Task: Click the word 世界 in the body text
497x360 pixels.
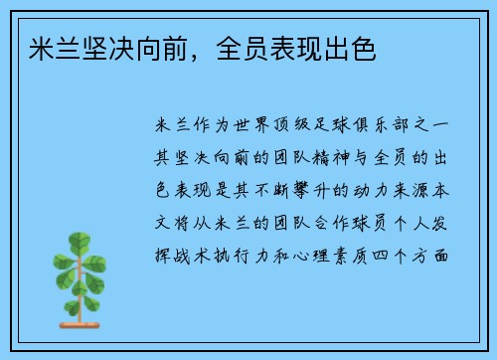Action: click(x=253, y=125)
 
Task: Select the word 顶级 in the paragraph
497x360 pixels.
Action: click(x=297, y=125)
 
